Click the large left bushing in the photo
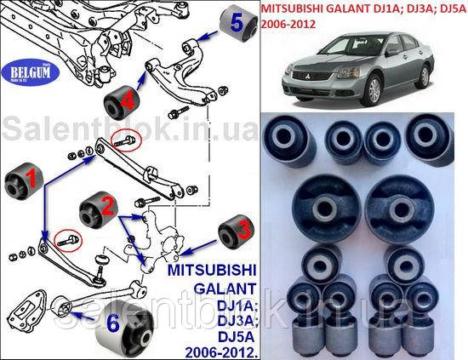[323, 204]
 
